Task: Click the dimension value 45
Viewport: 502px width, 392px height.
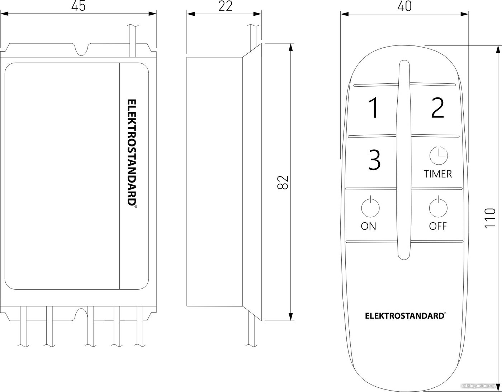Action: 78,6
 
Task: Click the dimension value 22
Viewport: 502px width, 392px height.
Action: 225,6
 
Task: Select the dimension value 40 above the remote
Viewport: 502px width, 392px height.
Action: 404,6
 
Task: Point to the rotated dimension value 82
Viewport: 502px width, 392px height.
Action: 283,183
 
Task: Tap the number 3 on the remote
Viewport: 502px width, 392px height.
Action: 374,160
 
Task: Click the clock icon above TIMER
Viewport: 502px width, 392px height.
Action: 439,156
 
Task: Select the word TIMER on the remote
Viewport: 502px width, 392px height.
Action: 438,174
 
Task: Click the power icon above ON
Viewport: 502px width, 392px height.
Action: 370,207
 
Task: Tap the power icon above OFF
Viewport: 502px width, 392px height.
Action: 438,207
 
